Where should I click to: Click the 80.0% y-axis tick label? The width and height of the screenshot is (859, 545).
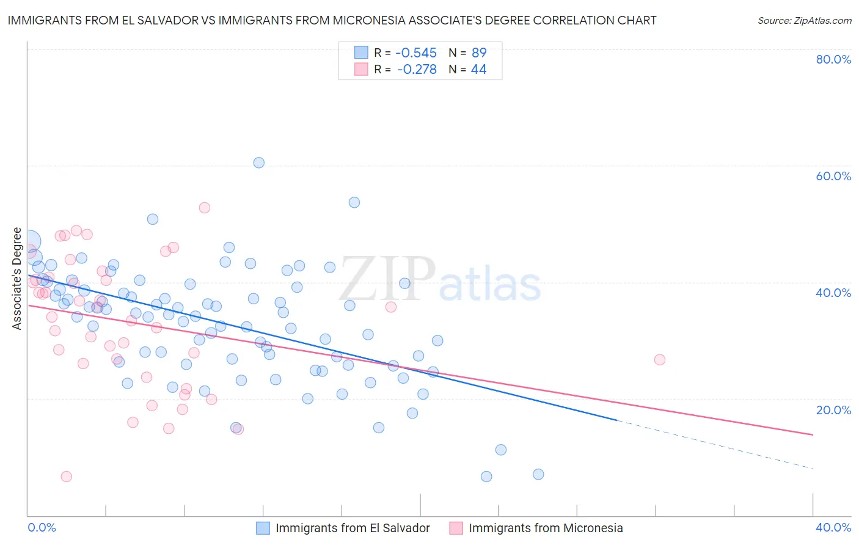(833, 59)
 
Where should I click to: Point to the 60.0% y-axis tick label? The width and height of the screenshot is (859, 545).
(833, 176)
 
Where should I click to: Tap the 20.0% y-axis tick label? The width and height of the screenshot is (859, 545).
(833, 410)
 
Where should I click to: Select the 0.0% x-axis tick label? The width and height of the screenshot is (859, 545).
(42, 527)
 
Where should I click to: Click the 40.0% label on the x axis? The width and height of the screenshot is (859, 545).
(833, 527)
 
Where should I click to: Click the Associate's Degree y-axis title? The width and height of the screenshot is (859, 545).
(17, 279)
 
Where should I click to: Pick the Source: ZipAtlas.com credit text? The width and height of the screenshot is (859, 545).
(804, 21)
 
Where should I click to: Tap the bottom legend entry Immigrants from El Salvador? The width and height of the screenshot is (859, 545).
(353, 528)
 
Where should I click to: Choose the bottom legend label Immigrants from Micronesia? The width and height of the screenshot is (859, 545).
(546, 528)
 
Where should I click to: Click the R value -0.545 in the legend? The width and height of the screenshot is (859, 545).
(416, 53)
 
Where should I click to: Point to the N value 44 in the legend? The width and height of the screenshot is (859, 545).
(478, 70)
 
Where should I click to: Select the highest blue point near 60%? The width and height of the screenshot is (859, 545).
(259, 163)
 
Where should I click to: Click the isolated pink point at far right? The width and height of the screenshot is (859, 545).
(659, 360)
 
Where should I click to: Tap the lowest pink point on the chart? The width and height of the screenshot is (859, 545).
(67, 477)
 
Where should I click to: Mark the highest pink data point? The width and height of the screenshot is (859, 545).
(205, 208)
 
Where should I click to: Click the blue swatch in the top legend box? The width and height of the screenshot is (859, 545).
(362, 53)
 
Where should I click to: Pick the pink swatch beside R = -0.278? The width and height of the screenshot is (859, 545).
(362, 69)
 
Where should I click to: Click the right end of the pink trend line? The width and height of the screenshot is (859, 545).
(813, 434)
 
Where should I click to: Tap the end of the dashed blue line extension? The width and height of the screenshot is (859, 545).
(813, 468)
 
